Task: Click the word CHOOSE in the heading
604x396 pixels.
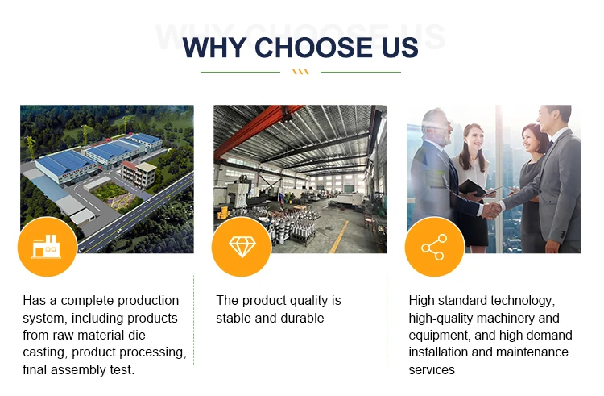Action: click(x=313, y=48)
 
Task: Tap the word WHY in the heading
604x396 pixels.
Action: click(x=214, y=48)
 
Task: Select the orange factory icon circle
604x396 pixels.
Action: click(x=47, y=247)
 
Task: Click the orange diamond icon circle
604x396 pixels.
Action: click(x=242, y=247)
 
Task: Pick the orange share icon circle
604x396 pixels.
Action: click(x=435, y=247)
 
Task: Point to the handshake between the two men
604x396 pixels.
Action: click(x=491, y=211)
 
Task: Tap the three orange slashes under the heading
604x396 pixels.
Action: click(x=300, y=72)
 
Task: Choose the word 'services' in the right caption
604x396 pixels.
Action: click(x=432, y=370)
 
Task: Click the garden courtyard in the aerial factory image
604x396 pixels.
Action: click(x=114, y=195)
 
